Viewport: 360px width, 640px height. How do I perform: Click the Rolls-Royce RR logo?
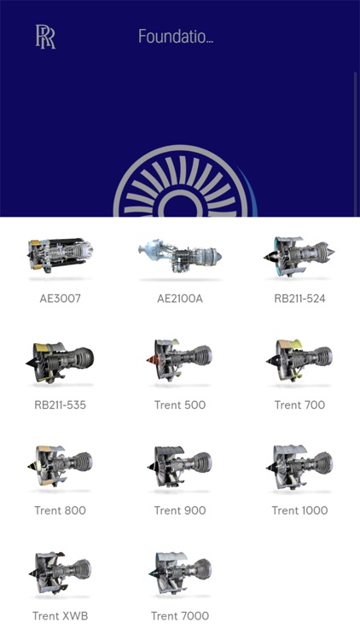[45, 37]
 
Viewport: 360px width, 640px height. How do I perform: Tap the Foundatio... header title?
[176, 37]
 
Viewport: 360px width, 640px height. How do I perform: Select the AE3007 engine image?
[60, 253]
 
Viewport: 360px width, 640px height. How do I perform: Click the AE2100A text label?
[180, 299]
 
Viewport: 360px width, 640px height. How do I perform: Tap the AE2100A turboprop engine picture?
[180, 253]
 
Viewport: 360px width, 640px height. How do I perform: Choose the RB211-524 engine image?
[299, 253]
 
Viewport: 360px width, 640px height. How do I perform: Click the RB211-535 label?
[60, 404]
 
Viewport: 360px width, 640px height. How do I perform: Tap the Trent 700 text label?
[299, 404]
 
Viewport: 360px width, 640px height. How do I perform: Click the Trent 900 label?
[180, 510]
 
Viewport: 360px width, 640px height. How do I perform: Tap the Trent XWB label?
[60, 616]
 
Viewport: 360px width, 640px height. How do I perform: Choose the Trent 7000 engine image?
[180, 571]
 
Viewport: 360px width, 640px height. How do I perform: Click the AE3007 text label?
[60, 299]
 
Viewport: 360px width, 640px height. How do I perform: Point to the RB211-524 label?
[299, 299]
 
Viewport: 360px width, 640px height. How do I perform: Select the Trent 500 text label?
[180, 404]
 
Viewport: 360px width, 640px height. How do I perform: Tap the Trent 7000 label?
[180, 616]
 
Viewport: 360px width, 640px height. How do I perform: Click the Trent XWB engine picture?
[60, 571]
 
